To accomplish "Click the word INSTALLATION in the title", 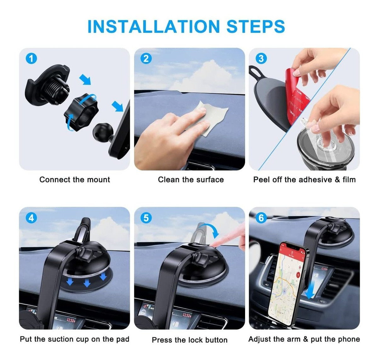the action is pyautogui.click(x=153, y=26).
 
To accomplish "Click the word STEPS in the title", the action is pyautogui.click(x=255, y=26).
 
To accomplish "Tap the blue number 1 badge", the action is pyautogui.click(x=31, y=59).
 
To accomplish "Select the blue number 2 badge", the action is pyautogui.click(x=146, y=59).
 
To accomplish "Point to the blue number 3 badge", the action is pyautogui.click(x=261, y=59).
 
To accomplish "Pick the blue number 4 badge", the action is pyautogui.click(x=31, y=218).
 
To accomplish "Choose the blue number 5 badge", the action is pyautogui.click(x=146, y=218).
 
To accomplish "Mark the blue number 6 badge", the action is pyautogui.click(x=261, y=218).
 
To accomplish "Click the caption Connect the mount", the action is pyautogui.click(x=75, y=180).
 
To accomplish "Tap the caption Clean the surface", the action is pyautogui.click(x=191, y=180).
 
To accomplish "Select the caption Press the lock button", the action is pyautogui.click(x=190, y=340).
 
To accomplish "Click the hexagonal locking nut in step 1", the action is pyautogui.click(x=81, y=113).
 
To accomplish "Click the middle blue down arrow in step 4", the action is pyautogui.click(x=87, y=283).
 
